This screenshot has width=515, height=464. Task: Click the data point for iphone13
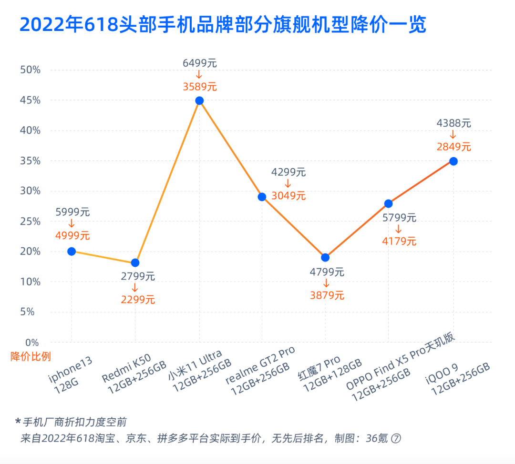coord(72,251)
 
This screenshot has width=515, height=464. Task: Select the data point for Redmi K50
coord(135,262)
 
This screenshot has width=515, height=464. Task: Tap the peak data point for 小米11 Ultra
coord(199,101)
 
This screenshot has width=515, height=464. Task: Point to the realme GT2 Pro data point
coord(262,197)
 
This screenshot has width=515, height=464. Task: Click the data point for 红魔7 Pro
coord(325,257)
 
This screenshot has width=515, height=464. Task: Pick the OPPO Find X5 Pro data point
coord(388,203)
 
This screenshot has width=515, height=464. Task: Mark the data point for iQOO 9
coord(453,161)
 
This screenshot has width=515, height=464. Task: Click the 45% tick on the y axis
coord(30,101)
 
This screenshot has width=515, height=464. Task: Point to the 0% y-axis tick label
coord(32,343)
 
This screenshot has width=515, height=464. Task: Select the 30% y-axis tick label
coord(30,191)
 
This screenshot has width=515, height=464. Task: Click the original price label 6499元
coord(200,63)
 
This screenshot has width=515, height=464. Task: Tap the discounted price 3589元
coord(200,87)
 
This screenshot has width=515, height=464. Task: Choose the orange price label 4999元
coord(72,235)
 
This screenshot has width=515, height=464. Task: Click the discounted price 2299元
coord(137,300)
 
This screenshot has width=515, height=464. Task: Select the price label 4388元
coord(453,123)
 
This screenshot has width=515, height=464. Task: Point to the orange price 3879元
coord(327,295)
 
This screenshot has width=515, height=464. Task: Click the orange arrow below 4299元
coord(288,183)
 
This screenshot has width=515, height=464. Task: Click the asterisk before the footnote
coord(18,422)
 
